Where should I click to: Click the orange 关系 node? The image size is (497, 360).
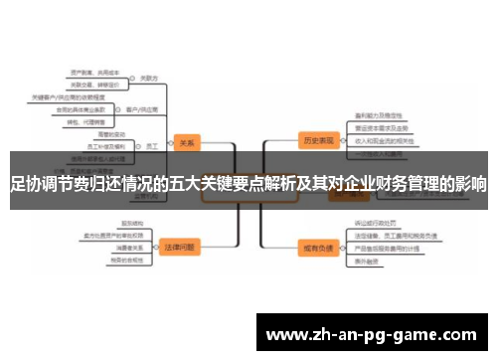pos(186,140)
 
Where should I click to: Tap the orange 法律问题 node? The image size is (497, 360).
pos(180,245)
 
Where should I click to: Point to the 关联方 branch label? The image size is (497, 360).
pos(150,78)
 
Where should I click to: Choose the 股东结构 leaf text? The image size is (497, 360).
pos(131,223)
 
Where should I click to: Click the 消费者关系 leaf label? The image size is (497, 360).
pos(130,248)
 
